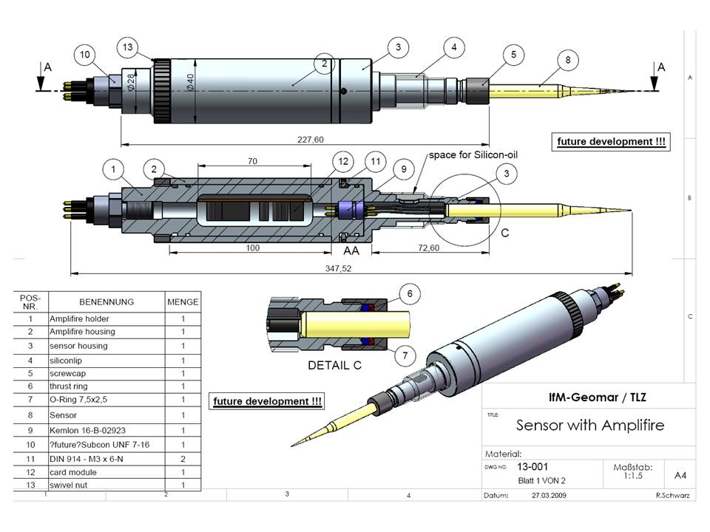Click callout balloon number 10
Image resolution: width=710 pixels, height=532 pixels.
click(x=85, y=55)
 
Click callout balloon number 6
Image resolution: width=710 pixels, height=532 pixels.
click(x=405, y=293)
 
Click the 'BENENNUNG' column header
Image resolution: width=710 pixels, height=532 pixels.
click(x=107, y=301)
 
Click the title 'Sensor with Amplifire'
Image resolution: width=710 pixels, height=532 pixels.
click(x=589, y=425)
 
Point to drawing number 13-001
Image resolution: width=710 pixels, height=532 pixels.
click(x=531, y=468)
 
